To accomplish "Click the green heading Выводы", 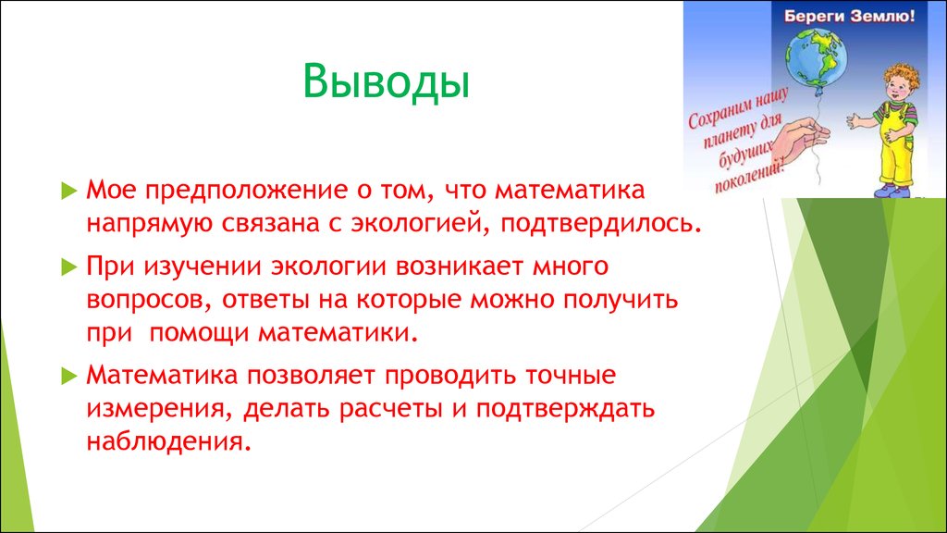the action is coord(386,82).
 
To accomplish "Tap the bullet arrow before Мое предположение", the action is coord(69,191).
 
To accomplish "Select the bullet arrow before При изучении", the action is coord(69,266).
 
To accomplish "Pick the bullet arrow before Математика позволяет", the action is coord(69,376).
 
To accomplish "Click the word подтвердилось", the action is coord(601,224).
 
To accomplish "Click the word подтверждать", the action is coord(565,409).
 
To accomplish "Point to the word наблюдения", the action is coord(168,441).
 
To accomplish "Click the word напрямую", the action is coord(150,224).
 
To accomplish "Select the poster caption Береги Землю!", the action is coord(849,16).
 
